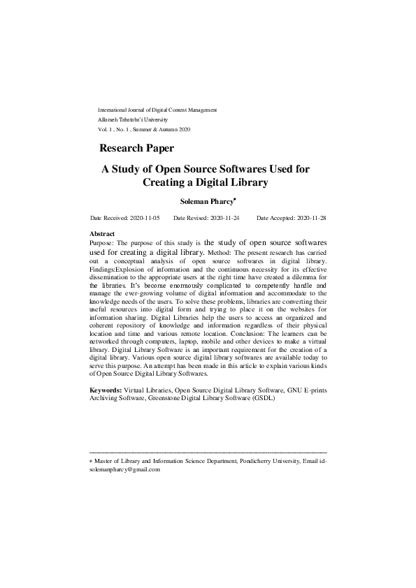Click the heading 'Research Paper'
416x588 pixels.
pos(136,148)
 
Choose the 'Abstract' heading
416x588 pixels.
pos(102,233)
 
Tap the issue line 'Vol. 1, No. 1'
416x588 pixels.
pos(121,129)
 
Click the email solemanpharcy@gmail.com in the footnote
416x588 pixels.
pos(125,470)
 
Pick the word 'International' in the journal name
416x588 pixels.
pos(114,110)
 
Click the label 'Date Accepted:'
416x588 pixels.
pos(274,219)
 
